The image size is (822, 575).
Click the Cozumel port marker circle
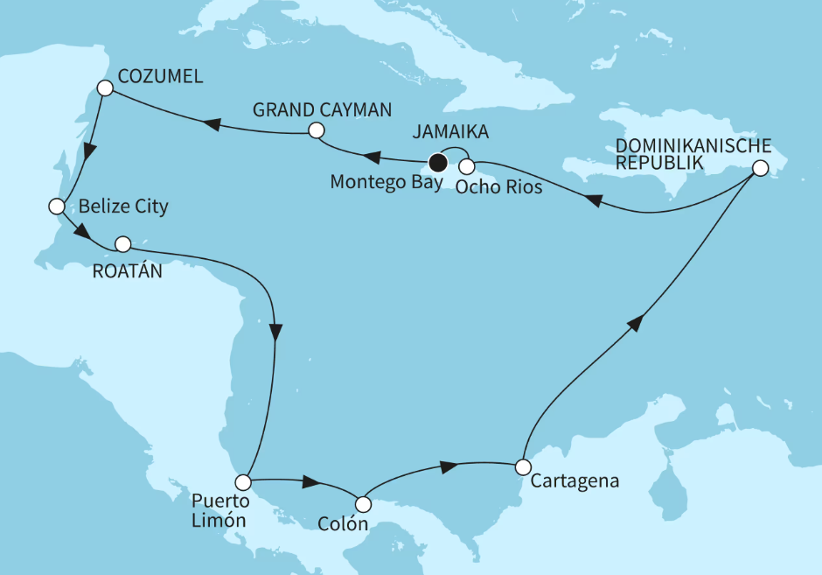tap(105, 88)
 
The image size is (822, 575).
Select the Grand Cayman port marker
tap(316, 130)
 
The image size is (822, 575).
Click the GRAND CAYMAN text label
tap(322, 109)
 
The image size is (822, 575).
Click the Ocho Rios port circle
tap(467, 165)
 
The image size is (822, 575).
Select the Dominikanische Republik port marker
tap(761, 168)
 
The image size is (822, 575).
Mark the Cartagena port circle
tap(521, 466)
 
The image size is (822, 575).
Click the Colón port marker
tap(363, 504)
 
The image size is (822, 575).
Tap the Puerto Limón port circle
tap(244, 482)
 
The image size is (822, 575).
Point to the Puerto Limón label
tap(221, 511)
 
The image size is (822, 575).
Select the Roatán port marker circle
tap(123, 243)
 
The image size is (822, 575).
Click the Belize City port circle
tap(57, 207)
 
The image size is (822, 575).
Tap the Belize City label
tap(122, 207)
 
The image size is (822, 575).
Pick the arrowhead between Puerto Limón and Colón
tap(310, 482)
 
